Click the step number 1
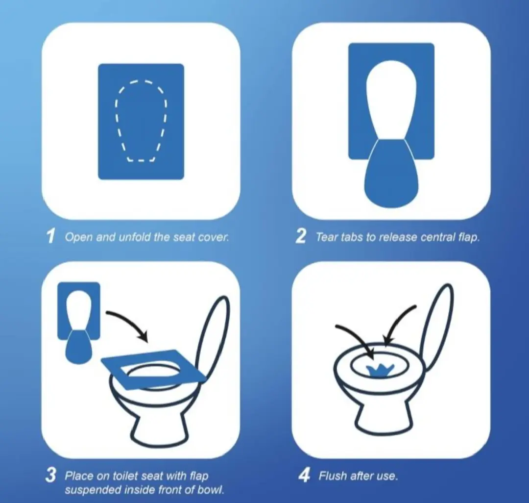[x=51, y=236]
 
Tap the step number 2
[x=301, y=236]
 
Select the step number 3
[x=50, y=476]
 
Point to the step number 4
[x=304, y=476]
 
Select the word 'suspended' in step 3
[x=86, y=489]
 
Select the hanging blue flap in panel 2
[x=391, y=174]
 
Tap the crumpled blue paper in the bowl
[x=380, y=371]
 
